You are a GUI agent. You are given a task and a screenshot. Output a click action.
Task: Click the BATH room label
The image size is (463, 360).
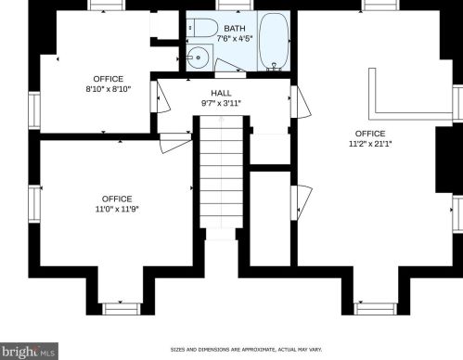235,29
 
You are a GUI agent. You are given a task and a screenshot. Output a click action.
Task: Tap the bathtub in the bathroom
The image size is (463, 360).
274,41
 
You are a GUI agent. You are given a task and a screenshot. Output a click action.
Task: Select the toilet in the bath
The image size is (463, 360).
202,28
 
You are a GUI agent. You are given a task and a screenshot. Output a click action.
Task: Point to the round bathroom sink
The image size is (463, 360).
198,58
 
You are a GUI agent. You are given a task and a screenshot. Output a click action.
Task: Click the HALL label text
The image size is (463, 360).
221,93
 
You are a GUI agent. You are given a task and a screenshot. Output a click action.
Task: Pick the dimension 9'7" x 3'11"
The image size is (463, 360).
221,103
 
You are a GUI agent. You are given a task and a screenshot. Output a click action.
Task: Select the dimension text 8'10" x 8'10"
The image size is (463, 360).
109,89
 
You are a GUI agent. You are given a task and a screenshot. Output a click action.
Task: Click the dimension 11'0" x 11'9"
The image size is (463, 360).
117,209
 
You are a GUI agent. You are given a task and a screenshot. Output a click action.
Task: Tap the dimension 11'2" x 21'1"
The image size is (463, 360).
370,144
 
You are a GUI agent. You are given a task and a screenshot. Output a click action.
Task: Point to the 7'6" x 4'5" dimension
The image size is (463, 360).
235,39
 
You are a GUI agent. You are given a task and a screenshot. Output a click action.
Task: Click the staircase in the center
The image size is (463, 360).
221,172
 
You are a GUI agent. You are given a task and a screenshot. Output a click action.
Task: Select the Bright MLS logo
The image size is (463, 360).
29,352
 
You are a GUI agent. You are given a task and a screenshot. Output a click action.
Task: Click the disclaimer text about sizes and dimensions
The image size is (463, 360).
246,350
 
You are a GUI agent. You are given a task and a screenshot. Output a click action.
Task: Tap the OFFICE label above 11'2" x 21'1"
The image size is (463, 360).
370,134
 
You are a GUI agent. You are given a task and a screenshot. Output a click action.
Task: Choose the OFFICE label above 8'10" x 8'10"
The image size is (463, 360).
109,79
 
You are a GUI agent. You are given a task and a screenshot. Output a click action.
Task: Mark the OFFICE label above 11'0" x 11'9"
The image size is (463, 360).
117,199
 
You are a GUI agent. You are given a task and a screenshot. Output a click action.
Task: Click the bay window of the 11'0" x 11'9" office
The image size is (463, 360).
121,309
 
